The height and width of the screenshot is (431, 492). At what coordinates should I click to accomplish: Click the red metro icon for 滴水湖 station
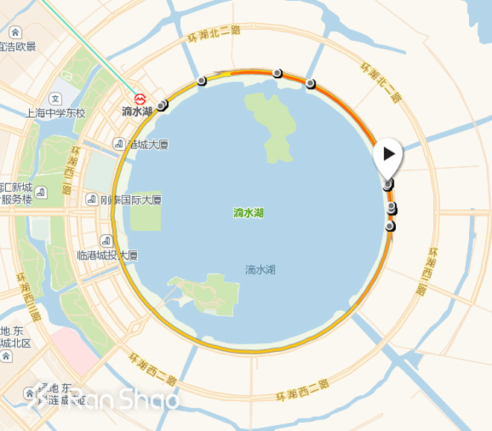(x=139, y=98)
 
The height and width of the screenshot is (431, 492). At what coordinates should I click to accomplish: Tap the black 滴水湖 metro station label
(x=136, y=111)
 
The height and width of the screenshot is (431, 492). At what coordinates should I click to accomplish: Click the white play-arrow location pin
(x=388, y=155)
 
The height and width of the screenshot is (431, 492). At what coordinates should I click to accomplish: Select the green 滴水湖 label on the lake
(x=248, y=213)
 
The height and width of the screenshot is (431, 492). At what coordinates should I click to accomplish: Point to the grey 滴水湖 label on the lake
(x=260, y=269)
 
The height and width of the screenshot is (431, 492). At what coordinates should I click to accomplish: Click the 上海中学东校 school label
(x=56, y=113)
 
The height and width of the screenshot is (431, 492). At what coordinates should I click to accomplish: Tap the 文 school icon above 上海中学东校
(x=55, y=98)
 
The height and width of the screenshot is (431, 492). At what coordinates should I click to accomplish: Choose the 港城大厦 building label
(x=148, y=144)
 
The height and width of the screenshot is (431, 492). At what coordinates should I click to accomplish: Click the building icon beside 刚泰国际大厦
(x=91, y=200)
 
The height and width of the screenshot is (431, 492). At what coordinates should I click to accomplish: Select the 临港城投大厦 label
(x=107, y=255)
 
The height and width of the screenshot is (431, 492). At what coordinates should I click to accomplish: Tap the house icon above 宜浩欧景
(x=15, y=33)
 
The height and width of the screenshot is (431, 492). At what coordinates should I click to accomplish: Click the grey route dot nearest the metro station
(x=162, y=106)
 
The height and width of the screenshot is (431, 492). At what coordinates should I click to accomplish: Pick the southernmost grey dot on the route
(x=389, y=226)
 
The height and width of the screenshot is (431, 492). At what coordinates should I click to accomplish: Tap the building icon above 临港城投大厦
(x=107, y=241)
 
